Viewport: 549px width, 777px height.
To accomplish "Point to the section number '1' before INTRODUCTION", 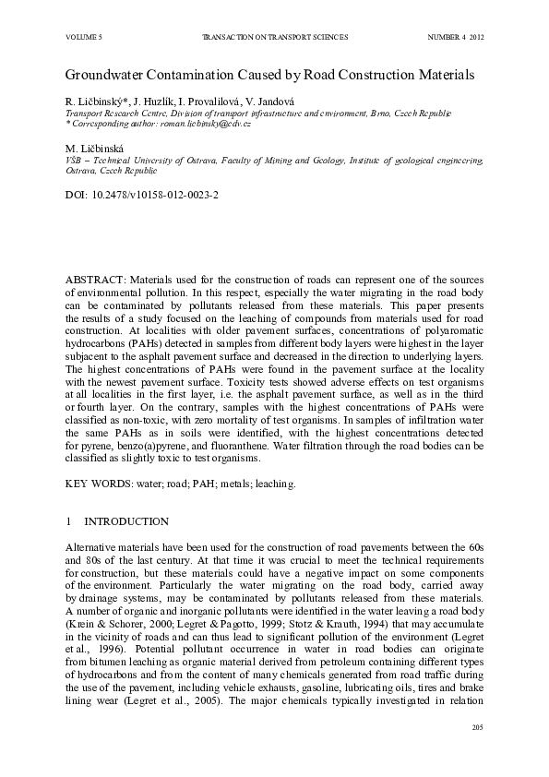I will click(68, 521).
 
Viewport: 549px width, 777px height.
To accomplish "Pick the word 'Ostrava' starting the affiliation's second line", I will click(80, 171).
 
